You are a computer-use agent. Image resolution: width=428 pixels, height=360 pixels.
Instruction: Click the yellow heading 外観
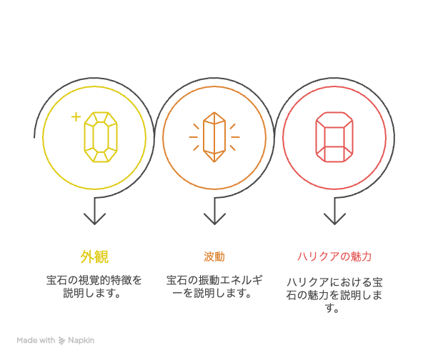pyautogui.click(x=94, y=256)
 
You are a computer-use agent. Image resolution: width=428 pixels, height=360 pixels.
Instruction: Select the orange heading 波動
pyautogui.click(x=214, y=257)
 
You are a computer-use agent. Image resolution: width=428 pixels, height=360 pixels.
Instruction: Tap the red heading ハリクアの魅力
pyautogui.click(x=334, y=256)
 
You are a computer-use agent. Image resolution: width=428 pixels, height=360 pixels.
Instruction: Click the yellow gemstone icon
pyautogui.click(x=101, y=137)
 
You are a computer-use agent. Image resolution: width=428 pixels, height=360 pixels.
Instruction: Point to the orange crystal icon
pyautogui.click(x=214, y=137)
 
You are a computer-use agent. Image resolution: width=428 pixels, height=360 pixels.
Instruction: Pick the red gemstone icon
pyautogui.click(x=334, y=137)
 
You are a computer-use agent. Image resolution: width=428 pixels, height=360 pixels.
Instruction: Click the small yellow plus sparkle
pyautogui.click(x=76, y=117)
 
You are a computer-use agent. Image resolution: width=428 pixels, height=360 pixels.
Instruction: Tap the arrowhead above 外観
pyautogui.click(x=94, y=219)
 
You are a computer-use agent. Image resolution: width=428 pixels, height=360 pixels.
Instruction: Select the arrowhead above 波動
pyautogui.click(x=214, y=219)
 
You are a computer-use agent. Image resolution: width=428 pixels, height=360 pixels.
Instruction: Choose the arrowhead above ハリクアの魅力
pyautogui.click(x=334, y=219)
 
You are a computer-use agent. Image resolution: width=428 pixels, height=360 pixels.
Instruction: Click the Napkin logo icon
pyautogui.click(x=62, y=341)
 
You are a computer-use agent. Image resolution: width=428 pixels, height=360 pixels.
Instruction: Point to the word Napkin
pyautogui.click(x=81, y=340)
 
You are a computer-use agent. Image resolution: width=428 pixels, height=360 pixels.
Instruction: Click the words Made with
pyautogui.click(x=36, y=340)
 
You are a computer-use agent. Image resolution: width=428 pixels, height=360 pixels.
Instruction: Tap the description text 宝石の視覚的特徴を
pyautogui.click(x=94, y=280)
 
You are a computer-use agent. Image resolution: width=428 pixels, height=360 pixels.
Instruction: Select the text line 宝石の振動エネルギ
pyautogui.click(x=214, y=280)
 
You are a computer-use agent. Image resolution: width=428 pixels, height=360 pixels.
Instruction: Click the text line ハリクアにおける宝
pyautogui.click(x=334, y=282)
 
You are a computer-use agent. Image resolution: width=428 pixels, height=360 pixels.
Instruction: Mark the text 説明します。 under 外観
pyautogui.click(x=92, y=294)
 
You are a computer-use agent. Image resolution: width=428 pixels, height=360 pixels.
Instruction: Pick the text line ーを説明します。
pyautogui.click(x=212, y=294)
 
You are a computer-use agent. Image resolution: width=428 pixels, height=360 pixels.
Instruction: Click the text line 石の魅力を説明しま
pyautogui.click(x=334, y=296)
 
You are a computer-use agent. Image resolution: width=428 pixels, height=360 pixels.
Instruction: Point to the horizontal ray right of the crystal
pyautogui.click(x=235, y=137)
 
